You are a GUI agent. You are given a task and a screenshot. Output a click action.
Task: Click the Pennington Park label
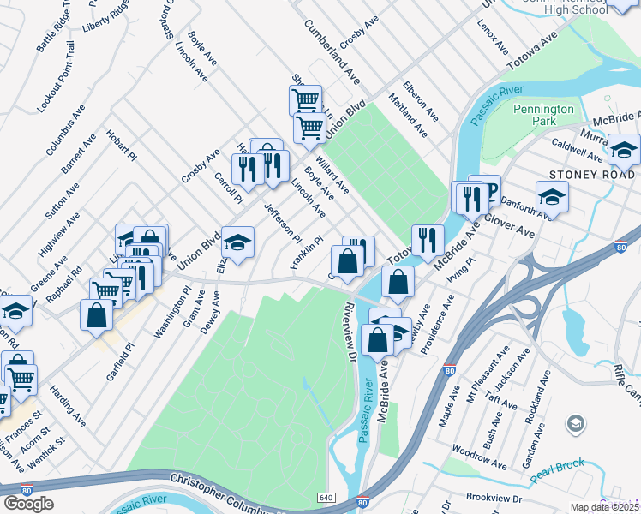(543, 117)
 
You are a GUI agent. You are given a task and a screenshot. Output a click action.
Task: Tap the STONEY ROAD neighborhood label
(591, 175)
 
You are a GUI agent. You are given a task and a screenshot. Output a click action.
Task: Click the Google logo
(28, 504)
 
